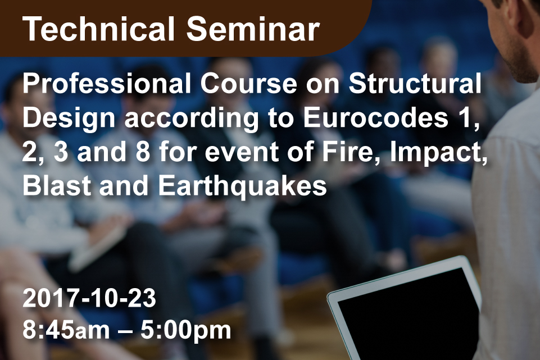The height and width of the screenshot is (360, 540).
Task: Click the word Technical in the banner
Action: coord(98,29)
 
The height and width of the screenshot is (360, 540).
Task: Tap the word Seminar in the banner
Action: coord(253,29)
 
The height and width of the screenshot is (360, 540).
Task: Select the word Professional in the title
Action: coord(107,84)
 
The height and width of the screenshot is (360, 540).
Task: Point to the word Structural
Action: coord(415,84)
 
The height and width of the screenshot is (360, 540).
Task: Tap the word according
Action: coord(191,119)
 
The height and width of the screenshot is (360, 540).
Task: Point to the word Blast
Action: coord(57,185)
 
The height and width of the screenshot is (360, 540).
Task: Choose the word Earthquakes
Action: coord(242,186)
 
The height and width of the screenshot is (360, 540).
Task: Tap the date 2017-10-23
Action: coord(89,298)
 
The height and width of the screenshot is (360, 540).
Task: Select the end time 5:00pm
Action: coord(185,331)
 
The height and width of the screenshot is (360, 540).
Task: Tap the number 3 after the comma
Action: coord(61,152)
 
